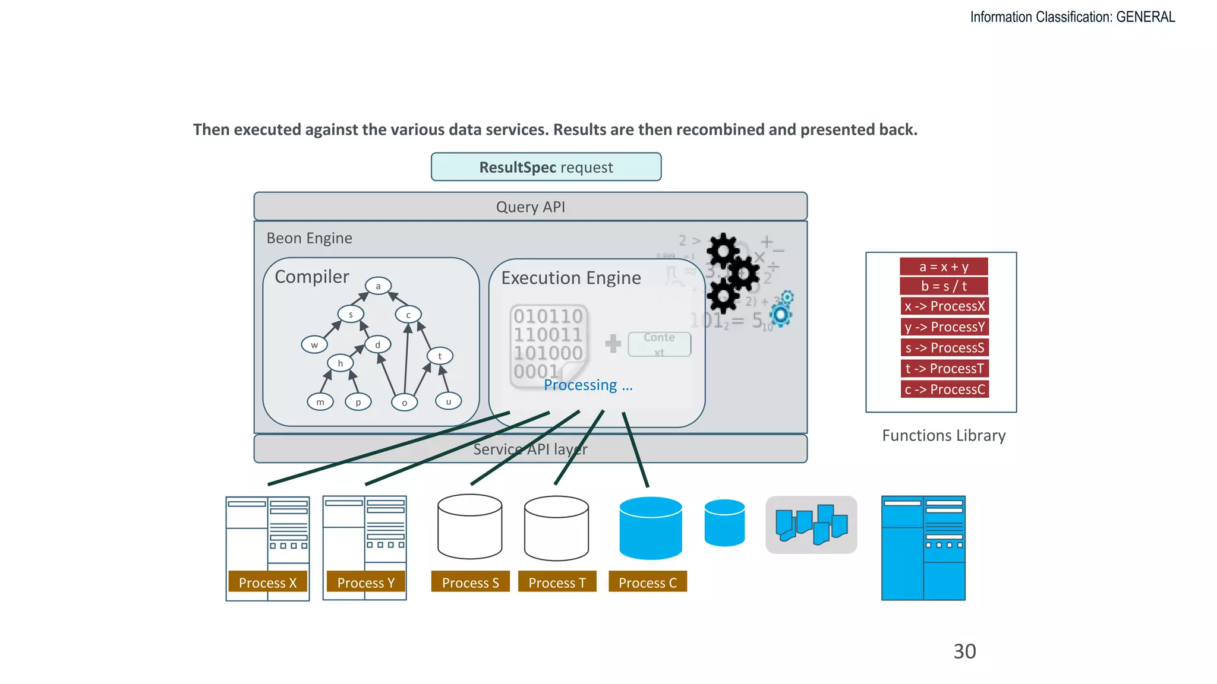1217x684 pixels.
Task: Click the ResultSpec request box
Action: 546,167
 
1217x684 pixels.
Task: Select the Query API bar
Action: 530,207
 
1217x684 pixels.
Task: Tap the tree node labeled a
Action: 378,286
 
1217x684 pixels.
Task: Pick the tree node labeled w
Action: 314,344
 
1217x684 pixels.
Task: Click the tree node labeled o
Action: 405,403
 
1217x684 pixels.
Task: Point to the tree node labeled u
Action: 449,401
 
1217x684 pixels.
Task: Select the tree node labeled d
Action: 378,344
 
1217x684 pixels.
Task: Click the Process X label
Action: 267,582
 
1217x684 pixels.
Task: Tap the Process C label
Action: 648,582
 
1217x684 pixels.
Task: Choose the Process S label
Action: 470,582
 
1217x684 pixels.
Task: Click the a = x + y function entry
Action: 944,267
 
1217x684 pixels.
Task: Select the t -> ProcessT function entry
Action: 944,369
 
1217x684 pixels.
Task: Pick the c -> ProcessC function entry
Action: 944,389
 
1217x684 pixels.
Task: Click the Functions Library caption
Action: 944,435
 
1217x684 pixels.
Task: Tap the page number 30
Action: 964,651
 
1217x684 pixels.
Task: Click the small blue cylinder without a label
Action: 724,522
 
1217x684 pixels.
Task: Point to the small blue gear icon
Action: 781,313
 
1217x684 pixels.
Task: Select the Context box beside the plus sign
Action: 659,344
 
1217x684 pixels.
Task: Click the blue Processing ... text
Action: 588,385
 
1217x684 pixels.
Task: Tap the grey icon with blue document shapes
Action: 811,525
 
